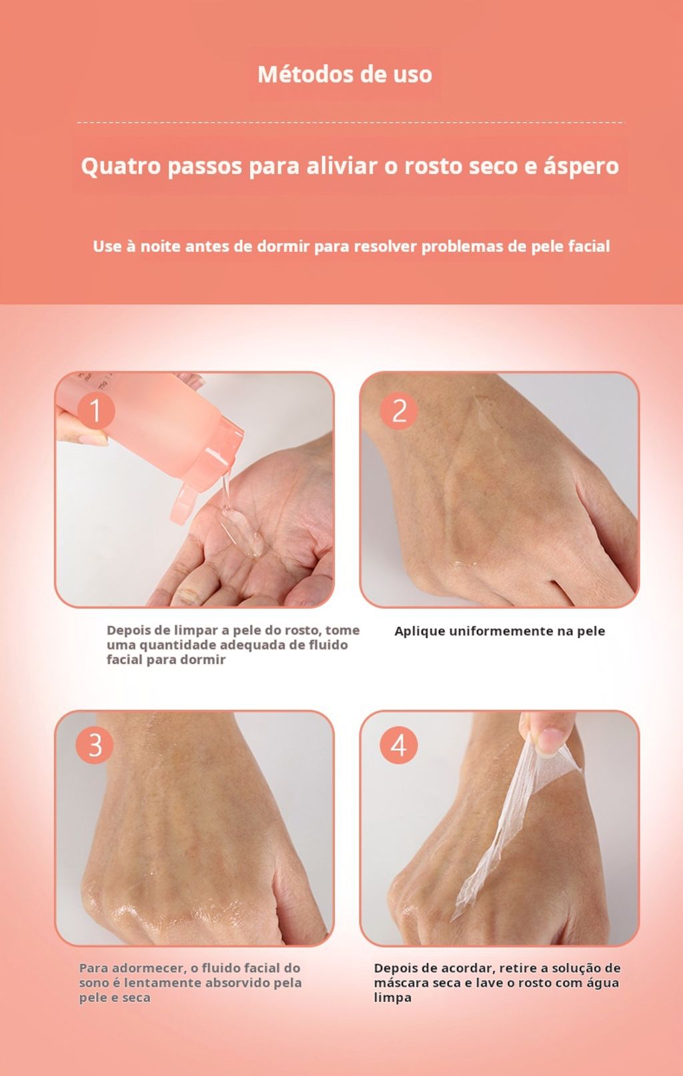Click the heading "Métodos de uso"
pos(345,75)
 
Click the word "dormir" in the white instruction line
pos(283,247)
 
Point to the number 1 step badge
pos(95,411)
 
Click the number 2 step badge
pos(399,411)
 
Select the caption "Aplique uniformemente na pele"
pos(500,631)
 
